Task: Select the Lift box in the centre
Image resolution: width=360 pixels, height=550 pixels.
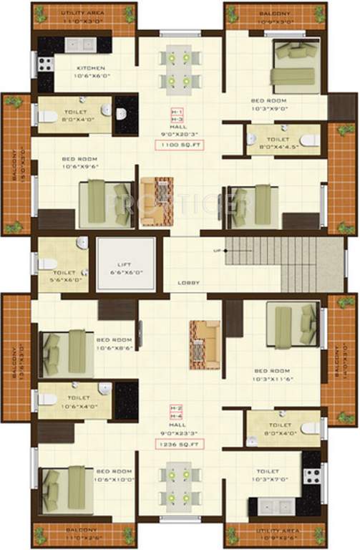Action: point(127,264)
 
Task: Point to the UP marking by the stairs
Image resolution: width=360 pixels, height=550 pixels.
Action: point(217,251)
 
